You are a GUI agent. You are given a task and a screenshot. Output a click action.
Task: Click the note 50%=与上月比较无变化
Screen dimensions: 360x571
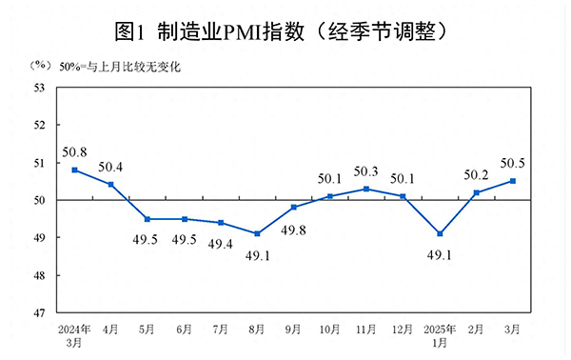(119, 67)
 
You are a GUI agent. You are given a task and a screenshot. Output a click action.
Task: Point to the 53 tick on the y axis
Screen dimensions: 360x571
(40, 89)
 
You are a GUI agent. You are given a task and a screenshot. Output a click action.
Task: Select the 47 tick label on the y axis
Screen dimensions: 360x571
(40, 312)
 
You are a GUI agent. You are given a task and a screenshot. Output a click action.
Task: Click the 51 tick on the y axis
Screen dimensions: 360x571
(40, 163)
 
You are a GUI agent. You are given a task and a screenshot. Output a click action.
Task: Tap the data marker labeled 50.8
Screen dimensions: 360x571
(74, 170)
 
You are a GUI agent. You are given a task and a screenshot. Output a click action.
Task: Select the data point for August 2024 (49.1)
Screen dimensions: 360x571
(258, 233)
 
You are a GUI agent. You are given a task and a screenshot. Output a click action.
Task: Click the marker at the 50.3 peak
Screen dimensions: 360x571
(366, 189)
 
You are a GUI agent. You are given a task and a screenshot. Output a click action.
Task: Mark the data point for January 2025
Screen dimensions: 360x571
(440, 233)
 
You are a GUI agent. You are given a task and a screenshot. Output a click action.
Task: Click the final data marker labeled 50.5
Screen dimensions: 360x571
(513, 181)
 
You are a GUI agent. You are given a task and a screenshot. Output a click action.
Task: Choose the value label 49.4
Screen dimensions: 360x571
(221, 245)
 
